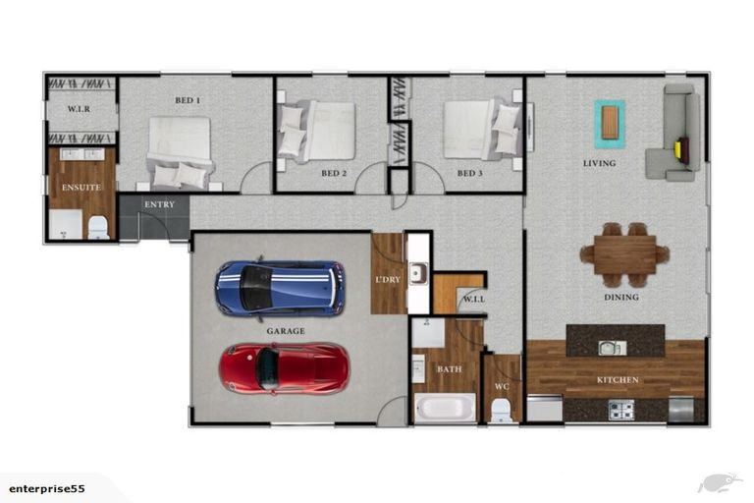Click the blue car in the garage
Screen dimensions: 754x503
click(x=281, y=288)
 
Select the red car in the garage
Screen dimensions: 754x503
click(x=284, y=368)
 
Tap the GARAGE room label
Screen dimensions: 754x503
click(x=286, y=331)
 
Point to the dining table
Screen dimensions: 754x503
click(x=624, y=255)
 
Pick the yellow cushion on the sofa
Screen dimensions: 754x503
click(x=678, y=148)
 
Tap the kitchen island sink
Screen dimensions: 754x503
click(x=613, y=348)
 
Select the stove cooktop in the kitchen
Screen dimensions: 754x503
click(x=621, y=410)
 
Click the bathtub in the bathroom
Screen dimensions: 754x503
click(x=445, y=408)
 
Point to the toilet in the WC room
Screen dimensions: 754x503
click(x=501, y=410)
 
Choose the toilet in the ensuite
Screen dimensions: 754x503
click(x=98, y=228)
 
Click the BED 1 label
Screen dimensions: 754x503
click(x=188, y=100)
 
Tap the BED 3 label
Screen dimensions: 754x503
click(x=470, y=173)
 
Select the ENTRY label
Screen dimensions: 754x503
click(x=160, y=204)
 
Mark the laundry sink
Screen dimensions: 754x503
click(x=418, y=273)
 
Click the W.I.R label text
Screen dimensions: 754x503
click(x=79, y=109)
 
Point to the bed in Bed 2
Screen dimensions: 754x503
click(x=317, y=130)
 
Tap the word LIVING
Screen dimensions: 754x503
click(x=599, y=164)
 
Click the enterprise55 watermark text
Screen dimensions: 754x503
click(x=47, y=489)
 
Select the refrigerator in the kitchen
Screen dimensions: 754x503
click(x=681, y=409)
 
